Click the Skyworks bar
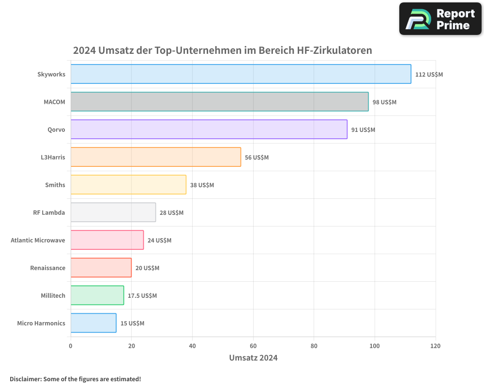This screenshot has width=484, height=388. click(x=241, y=74)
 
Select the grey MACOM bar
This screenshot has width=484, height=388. click(x=219, y=102)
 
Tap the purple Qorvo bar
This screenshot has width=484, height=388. click(x=209, y=129)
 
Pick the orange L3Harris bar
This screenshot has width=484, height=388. click(x=155, y=157)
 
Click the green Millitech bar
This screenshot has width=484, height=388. click(x=97, y=295)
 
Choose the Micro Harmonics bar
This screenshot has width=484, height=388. click(x=93, y=323)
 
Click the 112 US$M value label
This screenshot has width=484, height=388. click(x=429, y=75)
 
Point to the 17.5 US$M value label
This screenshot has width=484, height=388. click(x=142, y=296)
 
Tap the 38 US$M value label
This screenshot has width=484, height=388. click(x=202, y=185)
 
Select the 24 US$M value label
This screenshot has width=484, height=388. click(x=159, y=241)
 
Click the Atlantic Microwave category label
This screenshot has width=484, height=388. click(x=38, y=240)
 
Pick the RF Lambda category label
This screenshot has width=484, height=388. click(x=49, y=212)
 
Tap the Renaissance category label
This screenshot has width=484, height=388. click(x=47, y=268)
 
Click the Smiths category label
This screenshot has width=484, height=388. click(x=55, y=185)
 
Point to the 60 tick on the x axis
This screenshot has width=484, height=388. click(x=253, y=346)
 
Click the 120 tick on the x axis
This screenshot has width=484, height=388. click(x=435, y=346)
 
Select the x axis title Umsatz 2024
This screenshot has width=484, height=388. click(x=253, y=358)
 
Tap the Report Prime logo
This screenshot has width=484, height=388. click(x=440, y=19)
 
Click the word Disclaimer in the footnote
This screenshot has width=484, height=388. click(x=25, y=379)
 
